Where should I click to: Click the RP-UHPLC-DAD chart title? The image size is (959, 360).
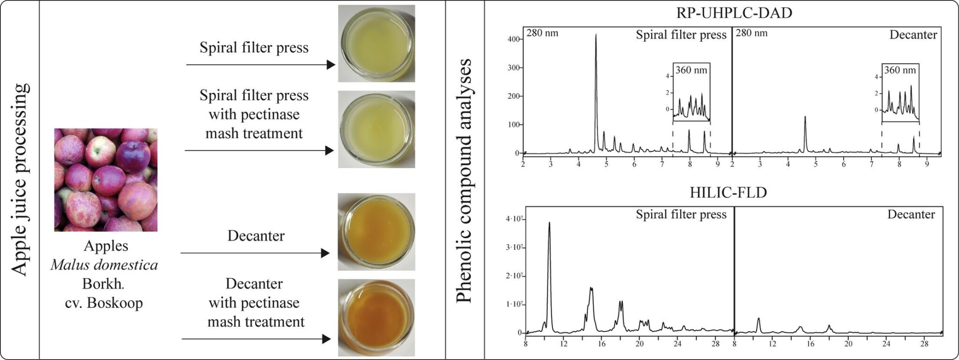click(734, 13)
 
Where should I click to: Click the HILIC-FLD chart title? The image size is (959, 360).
click(728, 192)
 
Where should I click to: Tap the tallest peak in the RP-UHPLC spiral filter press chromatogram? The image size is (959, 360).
click(596, 35)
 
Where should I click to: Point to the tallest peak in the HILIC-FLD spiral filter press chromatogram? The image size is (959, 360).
click(549, 224)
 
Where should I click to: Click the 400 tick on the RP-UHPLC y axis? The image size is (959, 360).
click(514, 39)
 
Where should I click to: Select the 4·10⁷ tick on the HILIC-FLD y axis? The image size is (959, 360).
click(514, 219)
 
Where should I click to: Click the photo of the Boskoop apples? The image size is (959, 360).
click(106, 180)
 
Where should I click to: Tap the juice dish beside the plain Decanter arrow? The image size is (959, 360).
click(376, 232)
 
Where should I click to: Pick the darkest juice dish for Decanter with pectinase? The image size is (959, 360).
click(376, 317)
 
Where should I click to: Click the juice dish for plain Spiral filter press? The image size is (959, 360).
click(376, 43)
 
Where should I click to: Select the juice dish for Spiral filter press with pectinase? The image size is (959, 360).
click(376, 129)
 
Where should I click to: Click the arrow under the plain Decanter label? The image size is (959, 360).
click(255, 253)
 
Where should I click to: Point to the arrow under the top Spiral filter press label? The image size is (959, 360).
click(260, 65)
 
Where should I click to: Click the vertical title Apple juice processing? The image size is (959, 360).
click(20, 180)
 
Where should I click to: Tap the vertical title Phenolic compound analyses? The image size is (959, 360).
click(464, 181)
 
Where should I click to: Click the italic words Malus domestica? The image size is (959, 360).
click(104, 265)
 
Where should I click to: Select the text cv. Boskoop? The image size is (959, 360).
click(104, 303)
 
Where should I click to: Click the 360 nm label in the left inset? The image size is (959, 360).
click(691, 70)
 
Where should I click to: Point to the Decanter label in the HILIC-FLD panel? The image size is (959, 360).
click(911, 214)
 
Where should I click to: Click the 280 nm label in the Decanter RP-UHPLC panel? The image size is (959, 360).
click(752, 33)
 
